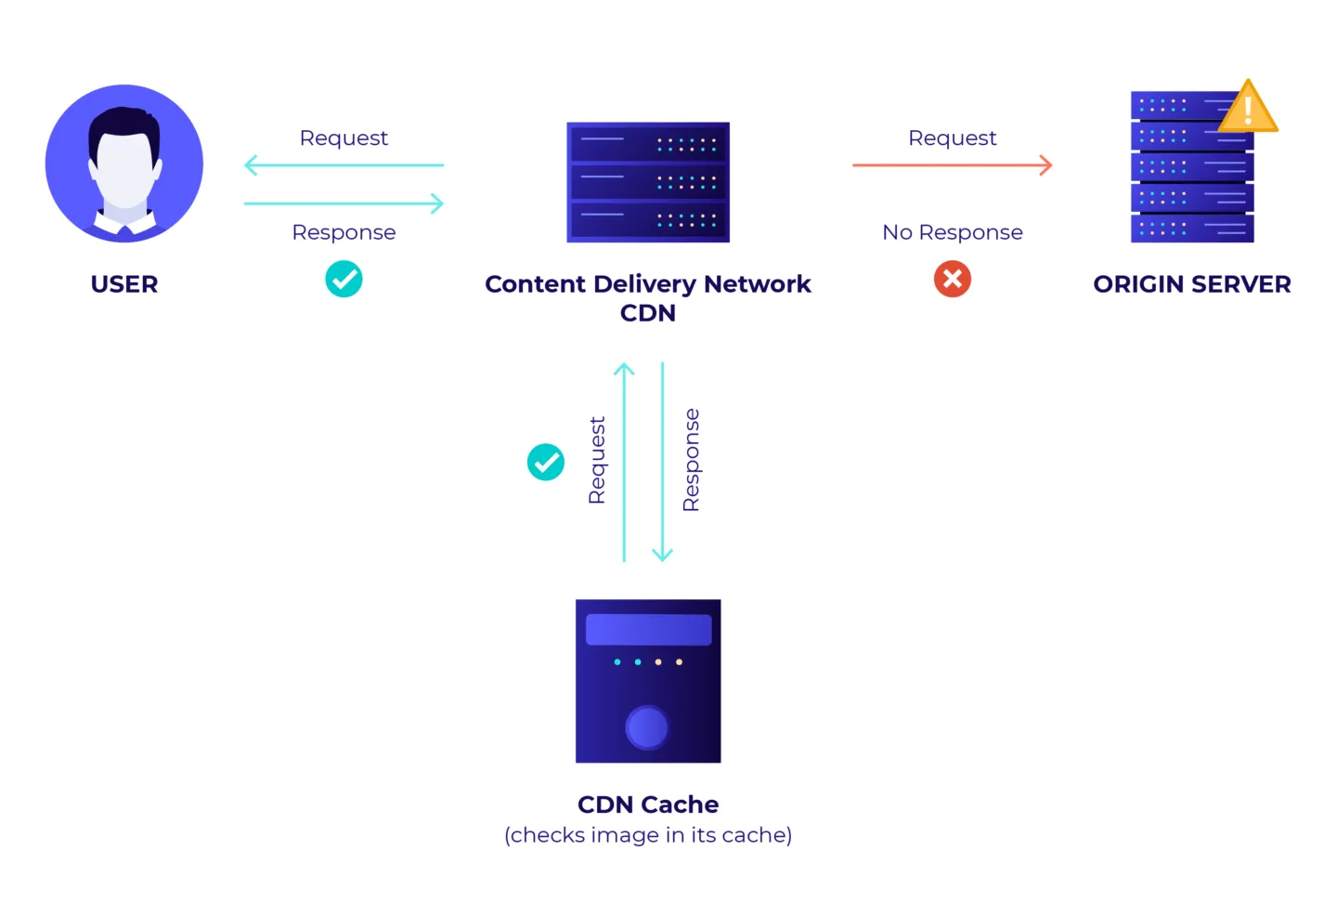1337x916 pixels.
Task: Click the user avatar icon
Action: click(x=124, y=164)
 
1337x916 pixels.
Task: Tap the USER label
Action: click(x=124, y=284)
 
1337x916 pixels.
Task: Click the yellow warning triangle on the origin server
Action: click(x=1248, y=108)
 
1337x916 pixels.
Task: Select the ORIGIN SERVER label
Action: click(x=1191, y=284)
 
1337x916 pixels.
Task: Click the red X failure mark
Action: click(x=953, y=279)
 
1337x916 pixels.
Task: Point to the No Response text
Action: click(x=953, y=232)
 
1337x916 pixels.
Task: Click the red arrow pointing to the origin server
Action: click(x=953, y=165)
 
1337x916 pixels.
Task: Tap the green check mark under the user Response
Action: click(x=344, y=279)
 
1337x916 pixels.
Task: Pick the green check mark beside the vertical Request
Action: click(x=546, y=462)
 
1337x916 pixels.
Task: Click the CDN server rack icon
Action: click(x=648, y=182)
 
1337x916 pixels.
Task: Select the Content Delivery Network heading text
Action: click(x=648, y=284)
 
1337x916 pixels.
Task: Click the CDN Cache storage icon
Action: click(x=648, y=681)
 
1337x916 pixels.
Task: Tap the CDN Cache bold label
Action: click(x=648, y=805)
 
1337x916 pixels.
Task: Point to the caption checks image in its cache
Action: click(x=648, y=835)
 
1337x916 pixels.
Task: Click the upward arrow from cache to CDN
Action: click(x=624, y=462)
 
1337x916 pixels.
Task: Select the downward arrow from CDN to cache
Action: click(x=662, y=462)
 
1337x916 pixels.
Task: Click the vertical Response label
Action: click(x=691, y=460)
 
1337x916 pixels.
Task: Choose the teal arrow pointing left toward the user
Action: click(x=344, y=165)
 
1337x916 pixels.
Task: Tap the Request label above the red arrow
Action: click(x=953, y=138)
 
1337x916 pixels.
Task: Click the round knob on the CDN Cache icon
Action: click(x=647, y=727)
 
